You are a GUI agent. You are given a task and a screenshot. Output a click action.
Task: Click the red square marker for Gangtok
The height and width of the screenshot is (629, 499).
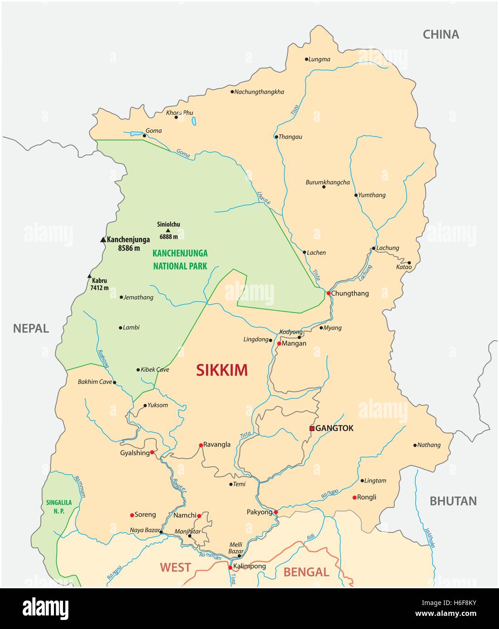point(312,428)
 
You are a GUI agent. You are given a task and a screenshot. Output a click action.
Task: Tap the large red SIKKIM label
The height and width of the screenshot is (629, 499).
point(222,370)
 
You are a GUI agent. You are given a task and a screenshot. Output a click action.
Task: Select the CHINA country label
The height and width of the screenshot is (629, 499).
point(441,34)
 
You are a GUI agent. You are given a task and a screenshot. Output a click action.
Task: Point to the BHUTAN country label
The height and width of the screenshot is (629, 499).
point(453,501)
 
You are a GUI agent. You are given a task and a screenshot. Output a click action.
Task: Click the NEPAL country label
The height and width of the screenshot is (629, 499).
point(31,329)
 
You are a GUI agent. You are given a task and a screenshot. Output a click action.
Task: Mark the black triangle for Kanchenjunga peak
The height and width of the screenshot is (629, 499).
point(102,240)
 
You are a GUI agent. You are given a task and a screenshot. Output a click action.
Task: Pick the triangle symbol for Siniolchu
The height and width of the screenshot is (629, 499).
point(168,230)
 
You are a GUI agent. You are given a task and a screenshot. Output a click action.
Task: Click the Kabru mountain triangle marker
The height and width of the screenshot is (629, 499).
point(89,276)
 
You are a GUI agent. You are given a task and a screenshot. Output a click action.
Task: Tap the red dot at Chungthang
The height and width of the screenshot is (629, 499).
point(328,293)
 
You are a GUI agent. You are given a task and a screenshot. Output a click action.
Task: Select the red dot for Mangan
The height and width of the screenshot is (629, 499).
point(279,343)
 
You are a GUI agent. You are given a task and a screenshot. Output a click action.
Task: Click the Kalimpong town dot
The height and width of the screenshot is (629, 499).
point(230,567)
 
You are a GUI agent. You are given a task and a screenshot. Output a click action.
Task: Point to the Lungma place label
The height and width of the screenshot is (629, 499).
point(319,59)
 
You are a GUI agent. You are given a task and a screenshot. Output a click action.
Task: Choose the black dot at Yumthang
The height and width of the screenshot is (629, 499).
point(356,195)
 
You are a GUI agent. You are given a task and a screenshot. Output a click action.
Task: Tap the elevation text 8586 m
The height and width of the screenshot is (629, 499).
point(129,248)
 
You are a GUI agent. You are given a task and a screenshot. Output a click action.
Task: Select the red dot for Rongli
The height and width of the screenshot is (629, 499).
point(355,497)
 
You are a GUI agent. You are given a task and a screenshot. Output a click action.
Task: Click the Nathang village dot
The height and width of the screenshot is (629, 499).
point(415,445)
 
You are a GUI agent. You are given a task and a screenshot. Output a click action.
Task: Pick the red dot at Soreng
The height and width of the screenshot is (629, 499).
point(132,515)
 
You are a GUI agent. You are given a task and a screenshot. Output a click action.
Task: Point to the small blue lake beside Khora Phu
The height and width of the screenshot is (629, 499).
point(194,121)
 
